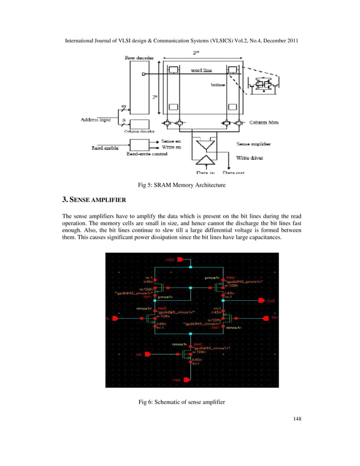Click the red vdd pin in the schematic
(x=180, y=260)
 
